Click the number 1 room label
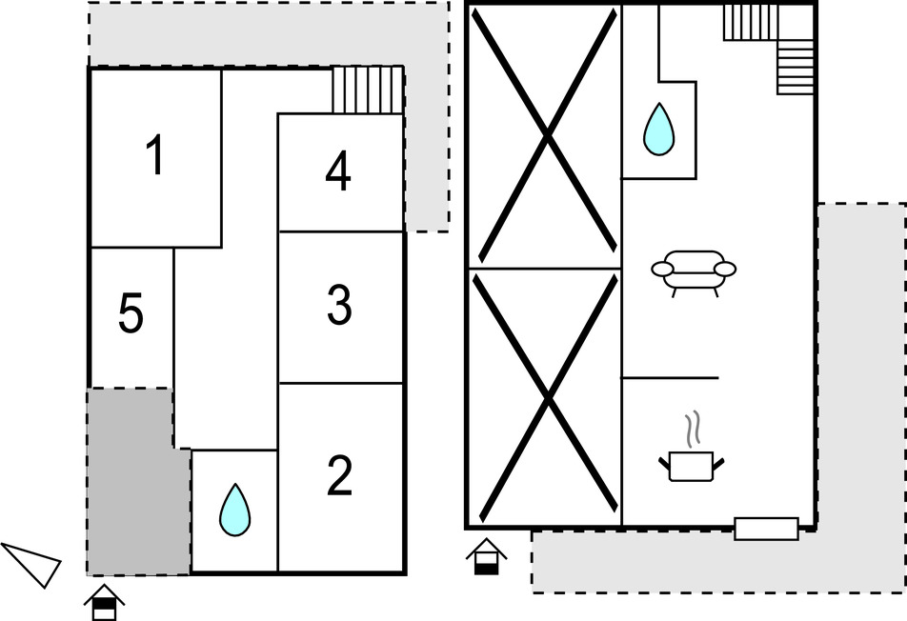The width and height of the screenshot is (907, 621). tap(155, 154)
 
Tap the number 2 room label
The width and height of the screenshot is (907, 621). tap(339, 476)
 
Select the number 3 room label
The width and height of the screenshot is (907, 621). tap(339, 305)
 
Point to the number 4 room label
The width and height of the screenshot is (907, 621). tap(338, 170)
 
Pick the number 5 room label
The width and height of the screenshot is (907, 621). tap(131, 313)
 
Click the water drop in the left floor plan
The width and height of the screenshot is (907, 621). tap(234, 510)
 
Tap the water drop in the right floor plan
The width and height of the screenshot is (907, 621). tap(659, 129)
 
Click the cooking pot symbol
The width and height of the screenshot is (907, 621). tap(692, 467)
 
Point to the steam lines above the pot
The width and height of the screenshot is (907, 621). tap(693, 429)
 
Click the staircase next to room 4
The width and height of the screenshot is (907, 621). tap(368, 90)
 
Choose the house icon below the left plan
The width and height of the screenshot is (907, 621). tap(104, 603)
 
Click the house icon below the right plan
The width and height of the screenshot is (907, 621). tap(487, 556)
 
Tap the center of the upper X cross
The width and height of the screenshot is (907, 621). tap(547, 136)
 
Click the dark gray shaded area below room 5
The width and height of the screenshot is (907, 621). tap(139, 482)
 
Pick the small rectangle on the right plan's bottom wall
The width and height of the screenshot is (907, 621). tap(766, 529)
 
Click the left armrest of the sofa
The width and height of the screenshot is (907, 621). tap(662, 269)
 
